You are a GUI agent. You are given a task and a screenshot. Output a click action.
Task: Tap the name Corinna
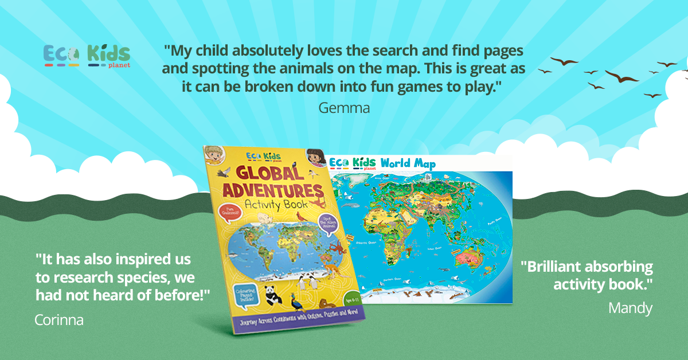click(59, 319)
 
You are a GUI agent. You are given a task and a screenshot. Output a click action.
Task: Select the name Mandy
click(630, 308)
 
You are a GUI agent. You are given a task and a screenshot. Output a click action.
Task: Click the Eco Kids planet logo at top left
click(87, 56)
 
